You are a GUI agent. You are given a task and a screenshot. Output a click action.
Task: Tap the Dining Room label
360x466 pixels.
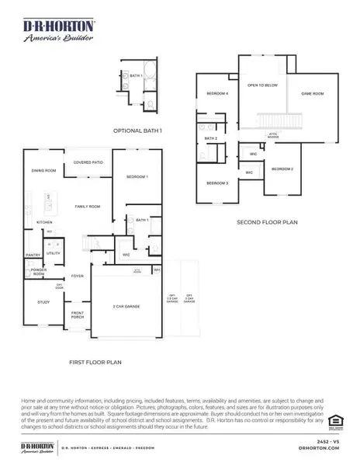43,170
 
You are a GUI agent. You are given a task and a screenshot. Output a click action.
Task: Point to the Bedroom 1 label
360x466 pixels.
137,178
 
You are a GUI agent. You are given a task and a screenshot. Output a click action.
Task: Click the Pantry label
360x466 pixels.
33,254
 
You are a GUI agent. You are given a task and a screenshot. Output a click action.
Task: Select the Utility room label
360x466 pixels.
54,252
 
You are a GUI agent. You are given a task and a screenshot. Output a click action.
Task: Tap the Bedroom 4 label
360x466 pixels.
216,93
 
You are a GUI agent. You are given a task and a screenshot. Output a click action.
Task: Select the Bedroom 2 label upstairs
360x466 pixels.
282,169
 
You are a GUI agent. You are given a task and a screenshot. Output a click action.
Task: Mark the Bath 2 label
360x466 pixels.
210,138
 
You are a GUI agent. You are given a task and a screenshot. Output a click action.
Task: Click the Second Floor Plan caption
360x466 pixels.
267,222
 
